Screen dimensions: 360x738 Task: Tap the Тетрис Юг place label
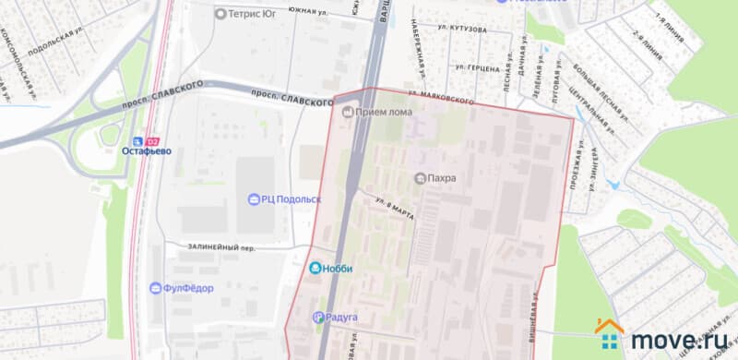pyautogui.click(x=253, y=14)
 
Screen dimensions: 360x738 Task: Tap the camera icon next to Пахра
pyautogui.click(x=421, y=177)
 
